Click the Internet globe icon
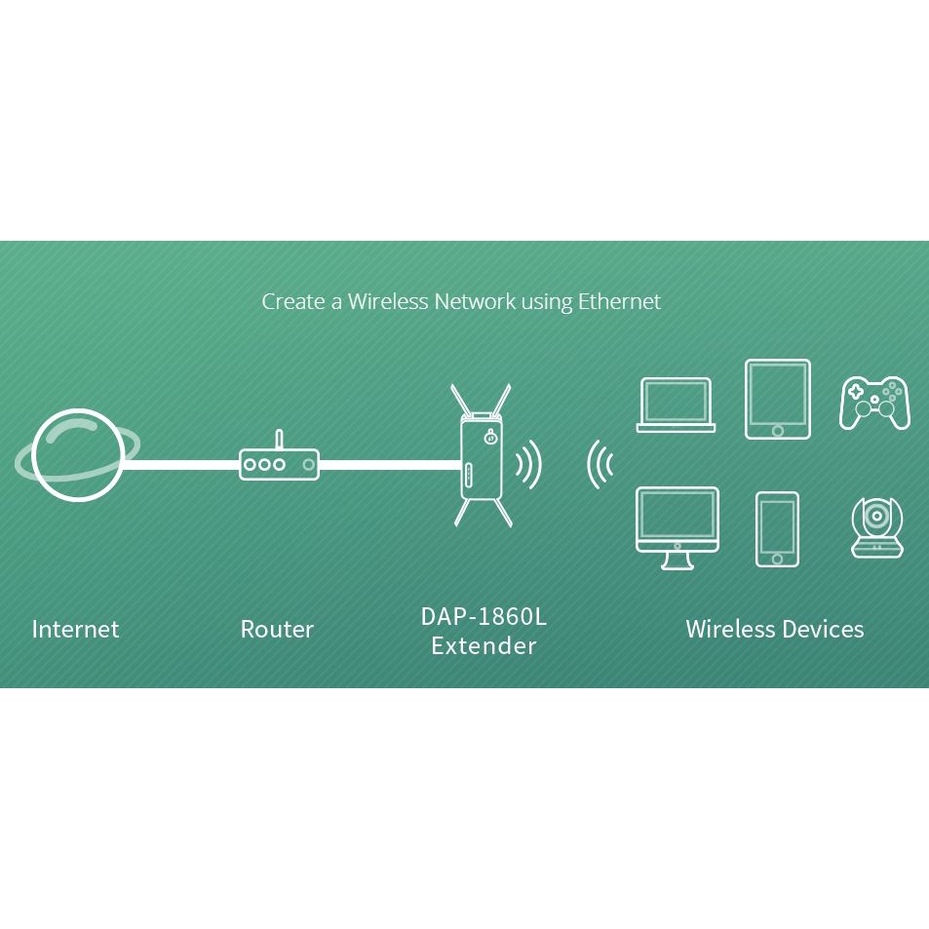tap(77, 455)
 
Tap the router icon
tap(280, 464)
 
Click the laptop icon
tap(676, 405)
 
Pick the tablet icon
tap(777, 399)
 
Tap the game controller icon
tap(874, 402)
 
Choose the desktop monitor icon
tap(677, 526)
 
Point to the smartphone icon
tap(777, 529)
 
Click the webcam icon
tap(876, 528)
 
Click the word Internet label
tap(75, 630)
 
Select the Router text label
tap(277, 630)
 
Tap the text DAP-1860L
tap(484, 617)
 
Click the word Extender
tap(484, 645)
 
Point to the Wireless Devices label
tap(774, 630)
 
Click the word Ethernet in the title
tap(619, 302)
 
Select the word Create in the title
tap(293, 302)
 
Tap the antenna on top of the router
tap(280, 440)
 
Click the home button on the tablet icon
tap(777, 430)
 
